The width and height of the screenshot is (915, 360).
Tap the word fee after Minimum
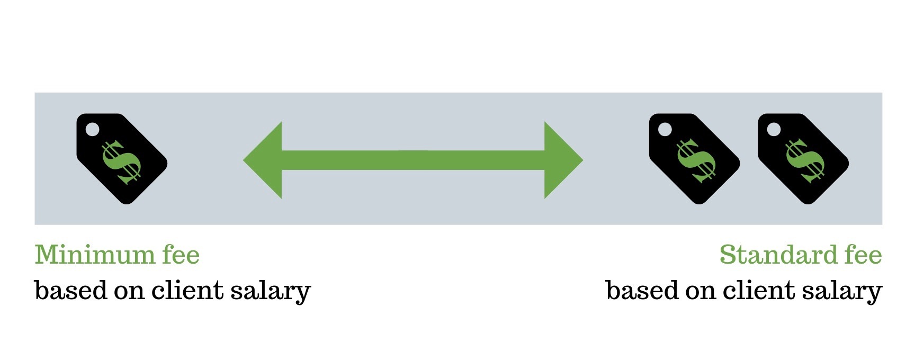tap(181, 255)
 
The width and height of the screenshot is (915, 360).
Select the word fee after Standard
tap(863, 255)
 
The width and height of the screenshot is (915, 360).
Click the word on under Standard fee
tap(700, 293)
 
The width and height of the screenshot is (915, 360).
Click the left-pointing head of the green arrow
tap(263, 160)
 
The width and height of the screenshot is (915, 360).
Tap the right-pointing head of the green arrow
tap(563, 160)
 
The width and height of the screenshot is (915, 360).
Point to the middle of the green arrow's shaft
tap(413, 160)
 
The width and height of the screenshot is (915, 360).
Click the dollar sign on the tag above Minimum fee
tap(122, 162)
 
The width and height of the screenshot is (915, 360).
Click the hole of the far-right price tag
tap(774, 129)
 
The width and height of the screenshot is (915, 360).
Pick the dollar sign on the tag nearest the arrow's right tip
tap(695, 161)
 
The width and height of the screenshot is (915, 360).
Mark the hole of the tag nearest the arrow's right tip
tap(665, 129)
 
